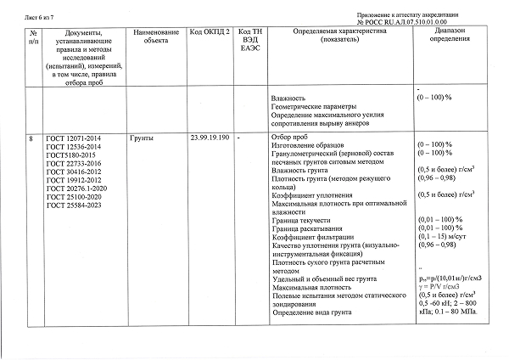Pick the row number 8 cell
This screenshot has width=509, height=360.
point(31,138)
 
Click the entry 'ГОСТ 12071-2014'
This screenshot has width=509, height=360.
point(73,138)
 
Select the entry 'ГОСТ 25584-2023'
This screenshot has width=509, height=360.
point(73,205)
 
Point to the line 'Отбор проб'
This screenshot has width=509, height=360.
point(288,138)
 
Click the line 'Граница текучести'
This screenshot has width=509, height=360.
point(301,221)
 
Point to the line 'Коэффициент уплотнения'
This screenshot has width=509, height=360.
point(309,196)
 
